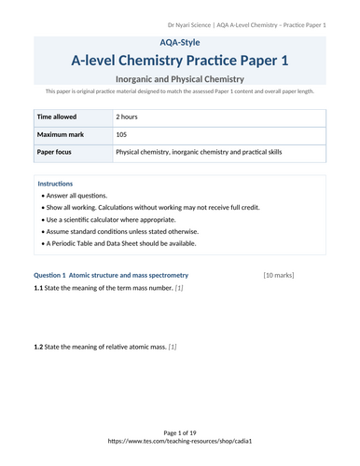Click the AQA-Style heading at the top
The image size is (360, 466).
[180, 43]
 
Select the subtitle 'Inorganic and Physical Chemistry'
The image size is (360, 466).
[180, 79]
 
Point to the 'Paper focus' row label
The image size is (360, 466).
[57, 151]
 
